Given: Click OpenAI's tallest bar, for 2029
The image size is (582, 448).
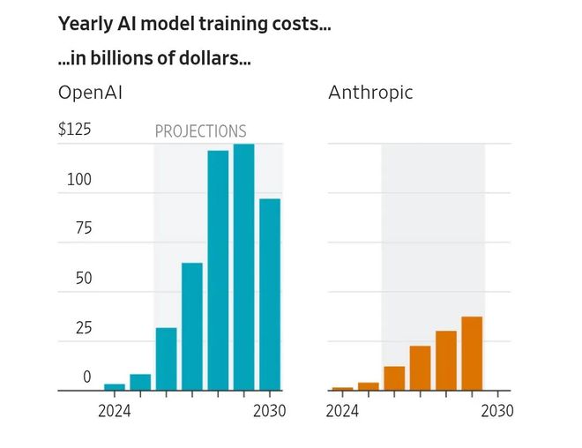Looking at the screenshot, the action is tap(244, 267).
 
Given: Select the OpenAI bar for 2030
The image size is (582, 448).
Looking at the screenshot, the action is tap(270, 295).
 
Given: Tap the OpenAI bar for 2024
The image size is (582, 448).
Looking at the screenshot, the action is tap(115, 387).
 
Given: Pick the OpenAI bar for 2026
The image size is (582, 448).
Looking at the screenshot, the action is tap(167, 359).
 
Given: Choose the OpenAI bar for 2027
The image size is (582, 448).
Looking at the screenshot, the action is tap(192, 326).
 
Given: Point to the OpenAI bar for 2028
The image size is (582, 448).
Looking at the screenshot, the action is tap(218, 270).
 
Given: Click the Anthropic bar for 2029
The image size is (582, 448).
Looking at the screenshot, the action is tap(472, 354).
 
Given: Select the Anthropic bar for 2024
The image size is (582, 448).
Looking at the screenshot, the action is tap(343, 389).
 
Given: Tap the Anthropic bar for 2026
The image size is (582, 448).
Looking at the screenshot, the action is tap(394, 378).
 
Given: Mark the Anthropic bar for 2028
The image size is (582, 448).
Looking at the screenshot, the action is tap(446, 361).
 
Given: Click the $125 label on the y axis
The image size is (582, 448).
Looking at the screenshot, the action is tap(75, 129).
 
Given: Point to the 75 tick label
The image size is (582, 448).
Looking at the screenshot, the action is tap(84, 228).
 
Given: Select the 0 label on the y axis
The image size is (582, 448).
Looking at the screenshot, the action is tap(86, 377).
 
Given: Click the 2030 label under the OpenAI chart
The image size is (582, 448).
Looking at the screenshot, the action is tap(270, 411).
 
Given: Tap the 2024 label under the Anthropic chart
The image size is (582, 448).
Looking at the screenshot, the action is tap(342, 411).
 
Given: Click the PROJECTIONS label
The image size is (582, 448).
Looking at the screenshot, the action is tap(200, 131).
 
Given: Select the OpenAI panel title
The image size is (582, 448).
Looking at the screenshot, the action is tap(90, 93).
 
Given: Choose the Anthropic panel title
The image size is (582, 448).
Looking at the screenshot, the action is tap(370, 93).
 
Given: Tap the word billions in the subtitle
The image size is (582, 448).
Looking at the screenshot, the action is tap(120, 58).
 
